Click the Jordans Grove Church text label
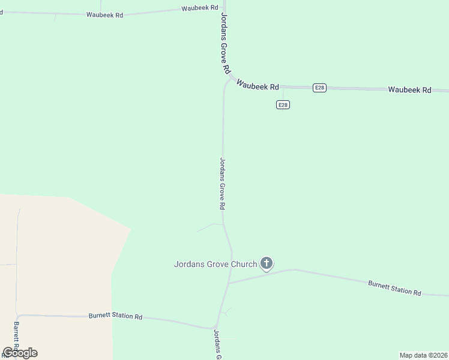point(215,263)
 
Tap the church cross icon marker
point(267,263)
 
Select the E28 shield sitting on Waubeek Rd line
point(320,88)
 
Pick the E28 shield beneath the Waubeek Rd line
point(283,104)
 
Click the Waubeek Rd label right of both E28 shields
point(409,90)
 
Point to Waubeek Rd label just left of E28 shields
point(258,85)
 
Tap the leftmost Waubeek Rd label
point(104,14)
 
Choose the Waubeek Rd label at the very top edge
point(201,8)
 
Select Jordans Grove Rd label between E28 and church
point(222,183)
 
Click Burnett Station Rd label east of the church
point(394,287)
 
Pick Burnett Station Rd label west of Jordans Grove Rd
point(115,316)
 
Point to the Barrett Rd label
point(17,337)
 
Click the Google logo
point(20,353)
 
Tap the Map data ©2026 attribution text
point(423,355)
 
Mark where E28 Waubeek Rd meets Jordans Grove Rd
point(229,80)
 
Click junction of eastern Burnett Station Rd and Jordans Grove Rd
point(229,283)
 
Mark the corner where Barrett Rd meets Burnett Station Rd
point(18,314)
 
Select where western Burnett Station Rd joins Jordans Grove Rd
point(216,328)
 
